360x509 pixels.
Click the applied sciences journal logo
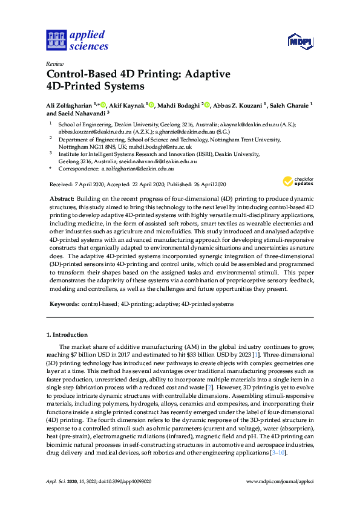pyautogui.click(x=78, y=41)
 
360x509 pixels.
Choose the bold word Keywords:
pyautogui.click(x=63, y=303)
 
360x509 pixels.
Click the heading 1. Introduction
pyautogui.click(x=67, y=334)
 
